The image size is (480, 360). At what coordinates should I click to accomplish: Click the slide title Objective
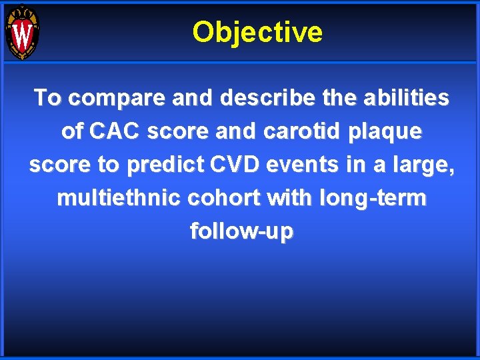pyautogui.click(x=257, y=32)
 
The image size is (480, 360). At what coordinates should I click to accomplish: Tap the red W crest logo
pyautogui.click(x=22, y=33)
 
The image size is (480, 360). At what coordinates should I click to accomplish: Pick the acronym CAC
pyautogui.click(x=115, y=131)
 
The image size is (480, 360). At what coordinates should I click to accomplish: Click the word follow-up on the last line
pyautogui.click(x=241, y=232)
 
